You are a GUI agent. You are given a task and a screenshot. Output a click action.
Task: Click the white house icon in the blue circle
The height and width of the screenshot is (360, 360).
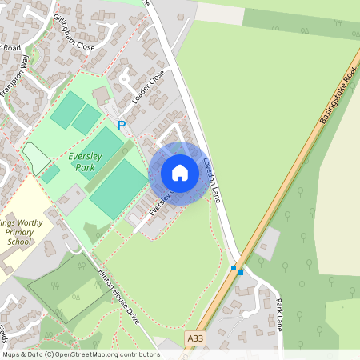(179, 173)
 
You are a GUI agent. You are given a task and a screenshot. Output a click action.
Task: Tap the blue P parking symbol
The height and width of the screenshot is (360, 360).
(122, 126)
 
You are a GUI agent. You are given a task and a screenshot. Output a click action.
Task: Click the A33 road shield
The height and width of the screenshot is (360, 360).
(194, 339)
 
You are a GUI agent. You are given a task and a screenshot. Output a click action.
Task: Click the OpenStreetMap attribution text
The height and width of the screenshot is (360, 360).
(81, 354)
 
